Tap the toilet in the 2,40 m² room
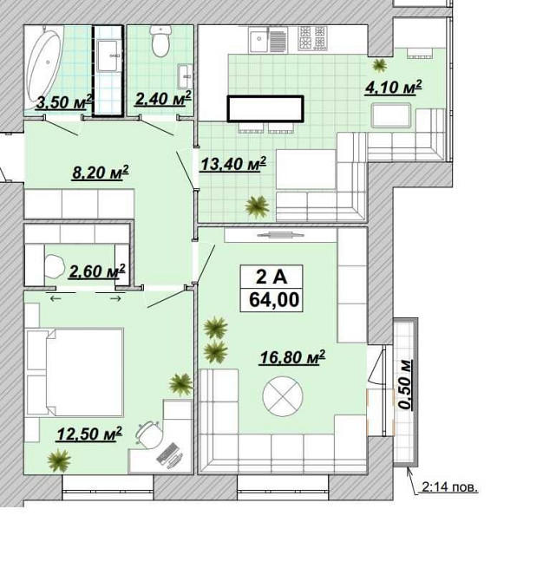[160, 41]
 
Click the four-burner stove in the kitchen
[312, 38]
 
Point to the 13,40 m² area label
[233, 164]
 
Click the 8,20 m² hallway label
[100, 173]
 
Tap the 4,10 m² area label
[393, 88]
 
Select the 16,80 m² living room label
[292, 357]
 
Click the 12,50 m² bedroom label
[89, 434]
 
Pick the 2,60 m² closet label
[97, 271]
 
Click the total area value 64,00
[274, 299]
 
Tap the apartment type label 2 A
[271, 277]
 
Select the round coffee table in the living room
[283, 396]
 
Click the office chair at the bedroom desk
[150, 434]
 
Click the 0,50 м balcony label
[406, 384]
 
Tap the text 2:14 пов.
[449, 486]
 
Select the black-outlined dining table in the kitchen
[265, 108]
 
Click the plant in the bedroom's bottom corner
[59, 460]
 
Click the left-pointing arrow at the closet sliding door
[56, 298]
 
